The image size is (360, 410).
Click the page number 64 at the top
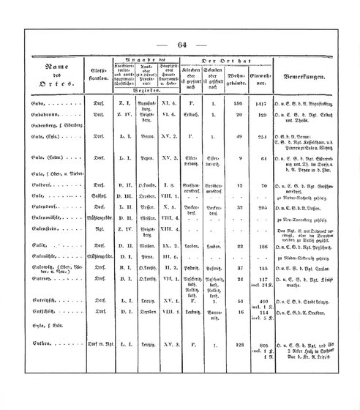point(181,45)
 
